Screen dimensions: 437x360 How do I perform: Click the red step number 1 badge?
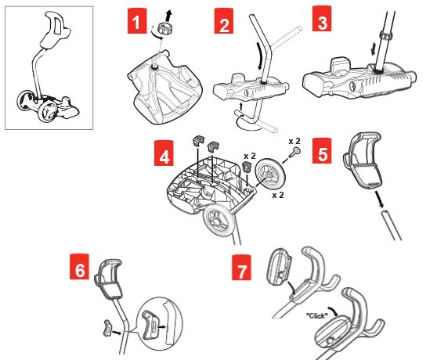coord(137,21)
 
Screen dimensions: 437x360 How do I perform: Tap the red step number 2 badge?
coord(224,21)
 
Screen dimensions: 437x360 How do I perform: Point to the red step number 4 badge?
coord(164,153)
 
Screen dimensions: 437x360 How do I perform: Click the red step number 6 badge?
coord(79,266)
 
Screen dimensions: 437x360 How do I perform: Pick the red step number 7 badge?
coord(241,268)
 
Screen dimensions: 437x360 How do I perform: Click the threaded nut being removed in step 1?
coord(164,28)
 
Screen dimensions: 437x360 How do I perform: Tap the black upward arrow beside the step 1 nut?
coord(168,15)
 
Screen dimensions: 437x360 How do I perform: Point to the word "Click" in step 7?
coord(317,315)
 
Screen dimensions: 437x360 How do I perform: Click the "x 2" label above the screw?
coord(294,141)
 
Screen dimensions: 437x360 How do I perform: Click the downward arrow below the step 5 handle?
coord(379,199)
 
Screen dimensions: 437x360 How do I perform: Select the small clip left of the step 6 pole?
coord(107,328)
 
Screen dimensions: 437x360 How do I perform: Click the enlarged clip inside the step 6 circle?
coord(150,325)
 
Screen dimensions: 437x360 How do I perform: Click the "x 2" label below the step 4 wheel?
coord(278,195)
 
